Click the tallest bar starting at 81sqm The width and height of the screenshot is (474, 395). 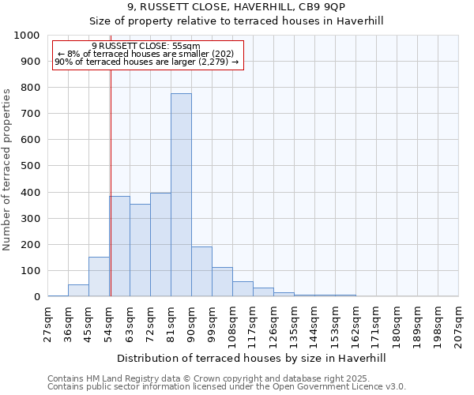(x=181, y=195)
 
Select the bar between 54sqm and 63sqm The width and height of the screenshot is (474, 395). (x=120, y=246)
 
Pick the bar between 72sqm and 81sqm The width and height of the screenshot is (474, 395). (x=160, y=245)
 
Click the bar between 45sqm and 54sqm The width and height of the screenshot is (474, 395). (x=99, y=276)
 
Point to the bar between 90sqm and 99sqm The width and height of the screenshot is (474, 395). (x=201, y=272)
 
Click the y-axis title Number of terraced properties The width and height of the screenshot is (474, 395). (x=8, y=169)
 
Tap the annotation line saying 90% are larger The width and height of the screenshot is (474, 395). (x=147, y=62)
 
